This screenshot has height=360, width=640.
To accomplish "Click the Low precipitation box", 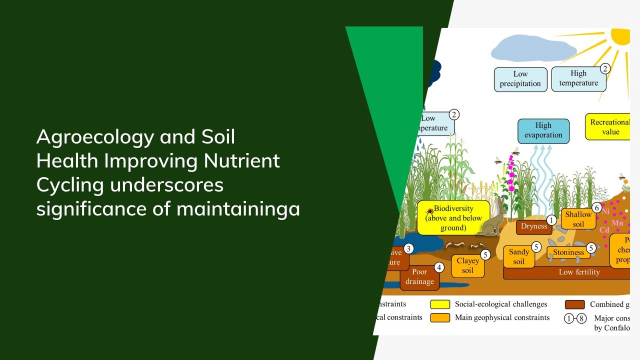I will click(x=520, y=79).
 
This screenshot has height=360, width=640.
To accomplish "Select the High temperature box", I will click(x=578, y=78).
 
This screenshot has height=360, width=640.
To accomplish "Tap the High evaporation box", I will click(x=543, y=130).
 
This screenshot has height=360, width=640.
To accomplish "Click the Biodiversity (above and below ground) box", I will click(x=453, y=218).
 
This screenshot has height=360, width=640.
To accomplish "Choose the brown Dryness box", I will click(x=533, y=226).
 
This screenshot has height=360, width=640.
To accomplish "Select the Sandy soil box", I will click(x=518, y=256).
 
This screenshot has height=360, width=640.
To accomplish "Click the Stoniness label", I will click(x=568, y=252).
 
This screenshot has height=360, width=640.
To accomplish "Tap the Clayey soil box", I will click(x=467, y=265).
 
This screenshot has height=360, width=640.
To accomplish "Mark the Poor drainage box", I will click(x=419, y=276).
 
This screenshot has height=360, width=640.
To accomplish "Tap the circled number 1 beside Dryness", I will click(x=551, y=220).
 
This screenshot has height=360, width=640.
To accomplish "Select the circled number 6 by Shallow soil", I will click(x=596, y=207).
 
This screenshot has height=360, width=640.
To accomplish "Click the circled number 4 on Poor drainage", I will click(x=439, y=267).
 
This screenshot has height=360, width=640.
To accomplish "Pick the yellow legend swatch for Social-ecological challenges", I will click(x=440, y=304).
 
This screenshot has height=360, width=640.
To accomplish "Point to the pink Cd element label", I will click(x=604, y=230).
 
